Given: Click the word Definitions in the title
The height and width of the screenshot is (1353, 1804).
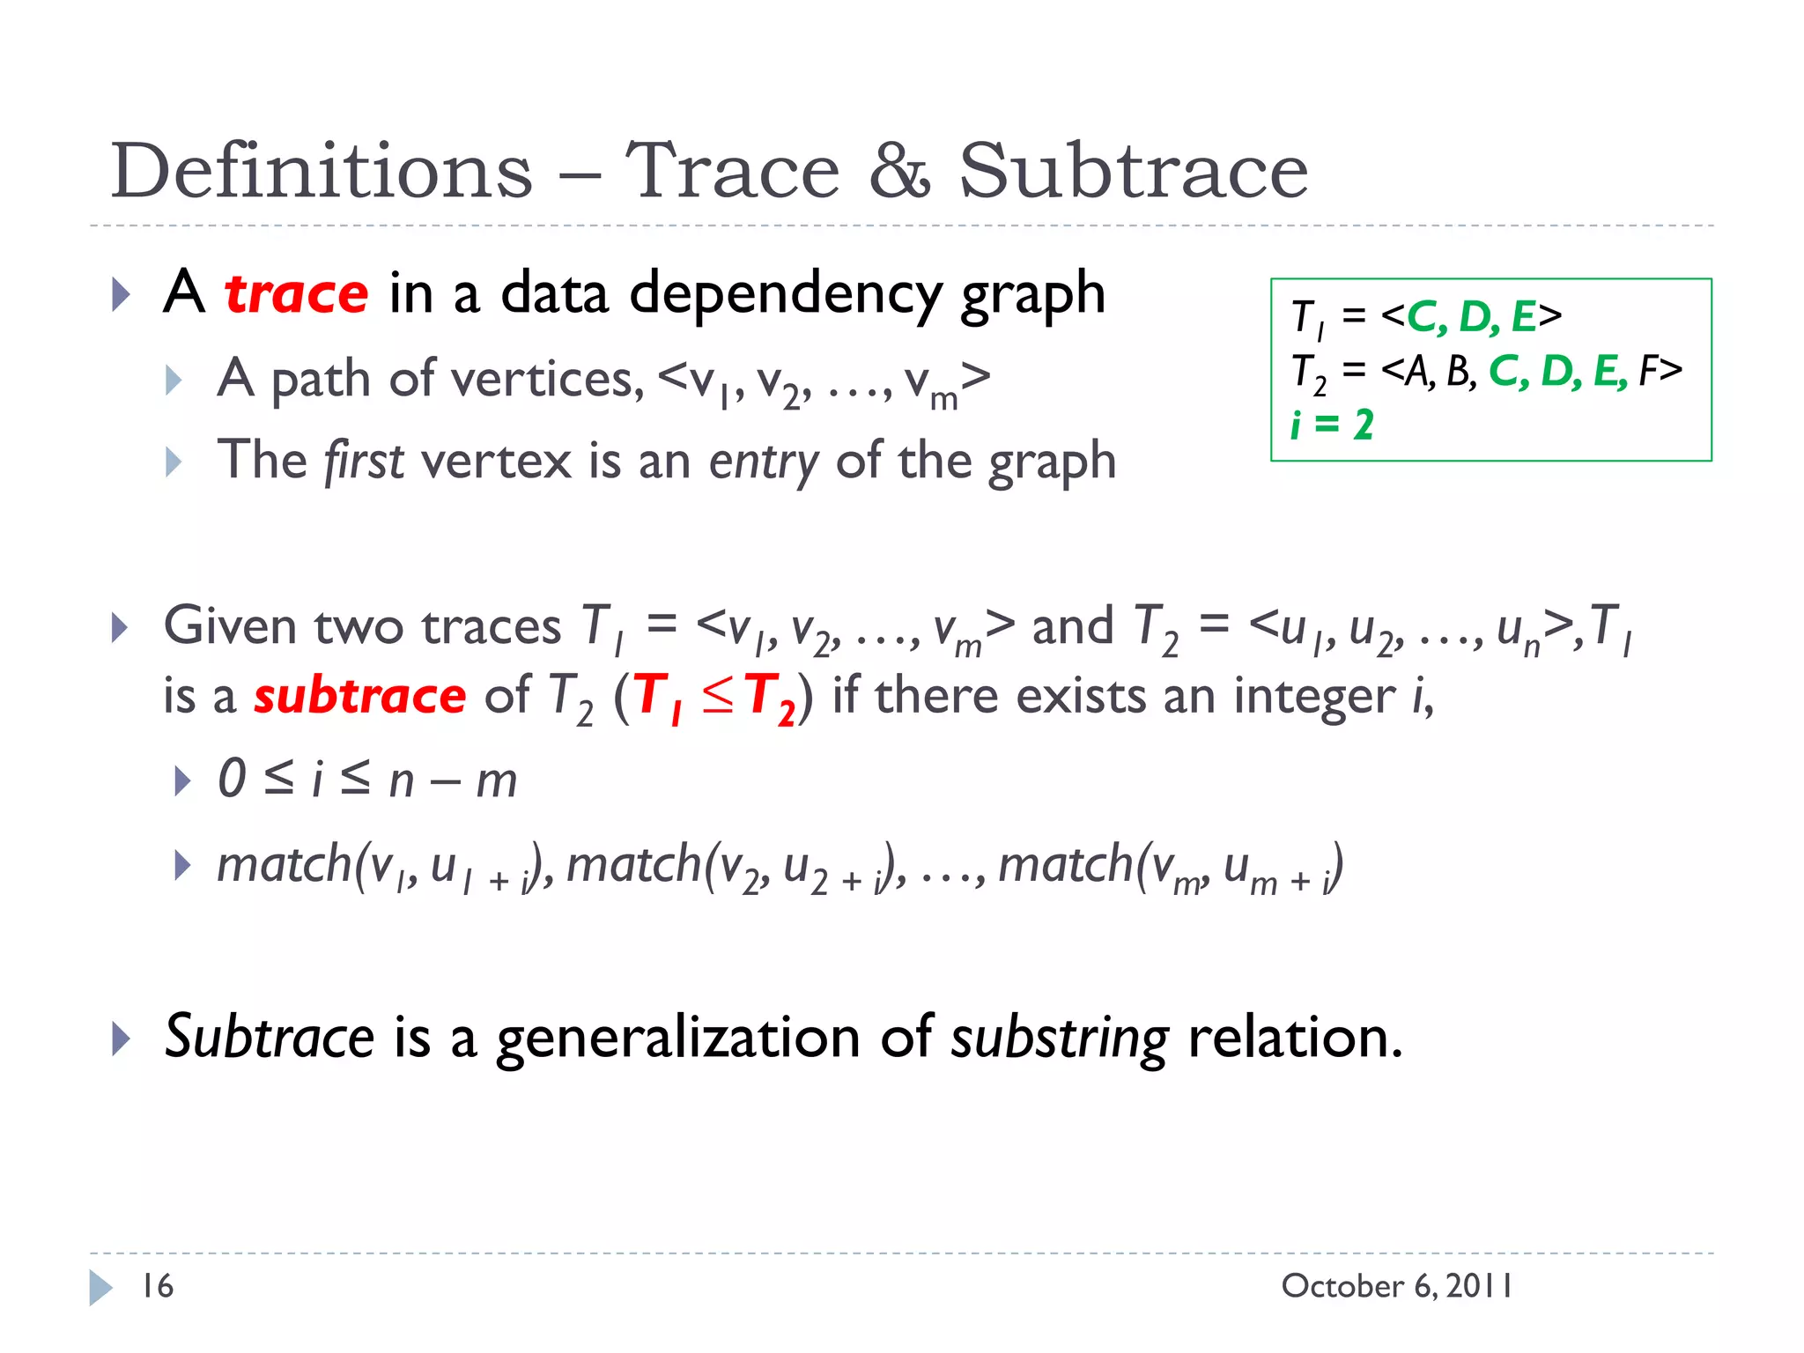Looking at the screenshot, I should [322, 171].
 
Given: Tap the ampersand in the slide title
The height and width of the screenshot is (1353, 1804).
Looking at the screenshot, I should [899, 171].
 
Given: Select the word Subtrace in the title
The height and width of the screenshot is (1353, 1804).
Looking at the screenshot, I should [1133, 171].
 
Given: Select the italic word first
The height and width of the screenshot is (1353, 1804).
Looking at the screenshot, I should [364, 462].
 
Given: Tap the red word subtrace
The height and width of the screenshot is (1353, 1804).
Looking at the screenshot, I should [359, 696].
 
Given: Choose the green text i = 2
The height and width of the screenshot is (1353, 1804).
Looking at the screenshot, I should [1332, 425].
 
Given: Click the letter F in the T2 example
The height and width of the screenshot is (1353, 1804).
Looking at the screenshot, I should [1647, 371].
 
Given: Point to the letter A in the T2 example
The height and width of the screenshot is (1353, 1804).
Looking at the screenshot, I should [1416, 371].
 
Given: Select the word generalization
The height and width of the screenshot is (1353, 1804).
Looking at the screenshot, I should [678, 1038].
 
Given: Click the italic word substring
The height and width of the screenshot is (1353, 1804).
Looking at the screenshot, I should [1060, 1038].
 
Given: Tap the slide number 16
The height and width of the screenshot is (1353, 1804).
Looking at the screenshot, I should [158, 1286].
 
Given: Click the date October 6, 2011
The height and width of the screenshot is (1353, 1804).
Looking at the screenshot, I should [1396, 1286].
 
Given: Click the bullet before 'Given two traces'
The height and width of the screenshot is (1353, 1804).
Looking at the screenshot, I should [120, 628].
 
